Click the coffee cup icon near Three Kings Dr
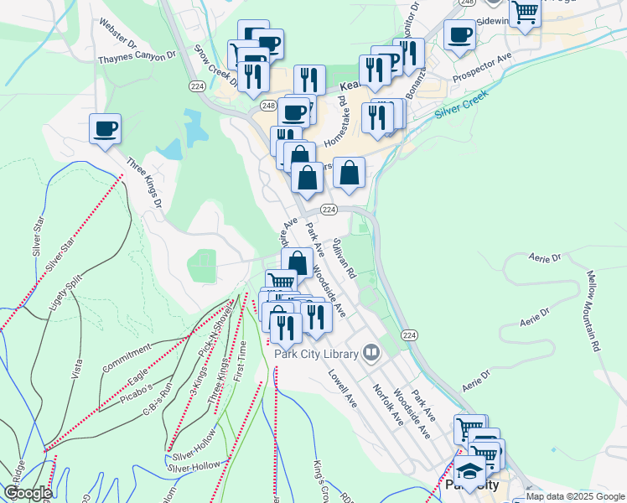click(105, 130)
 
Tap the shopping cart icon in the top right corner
click(525, 13)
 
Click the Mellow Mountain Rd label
click(593, 311)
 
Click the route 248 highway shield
click(268, 106)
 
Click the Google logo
click(28, 493)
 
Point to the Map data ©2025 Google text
click(575, 496)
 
